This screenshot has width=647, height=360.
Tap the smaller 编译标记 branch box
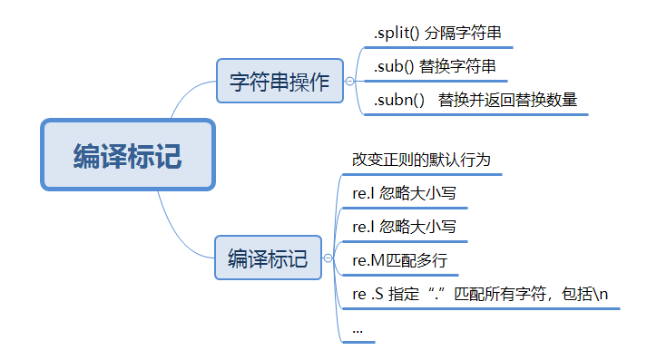268,257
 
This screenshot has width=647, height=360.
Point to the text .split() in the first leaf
394,34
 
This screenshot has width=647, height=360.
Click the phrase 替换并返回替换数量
507,100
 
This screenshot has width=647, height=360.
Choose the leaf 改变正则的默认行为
421,160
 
